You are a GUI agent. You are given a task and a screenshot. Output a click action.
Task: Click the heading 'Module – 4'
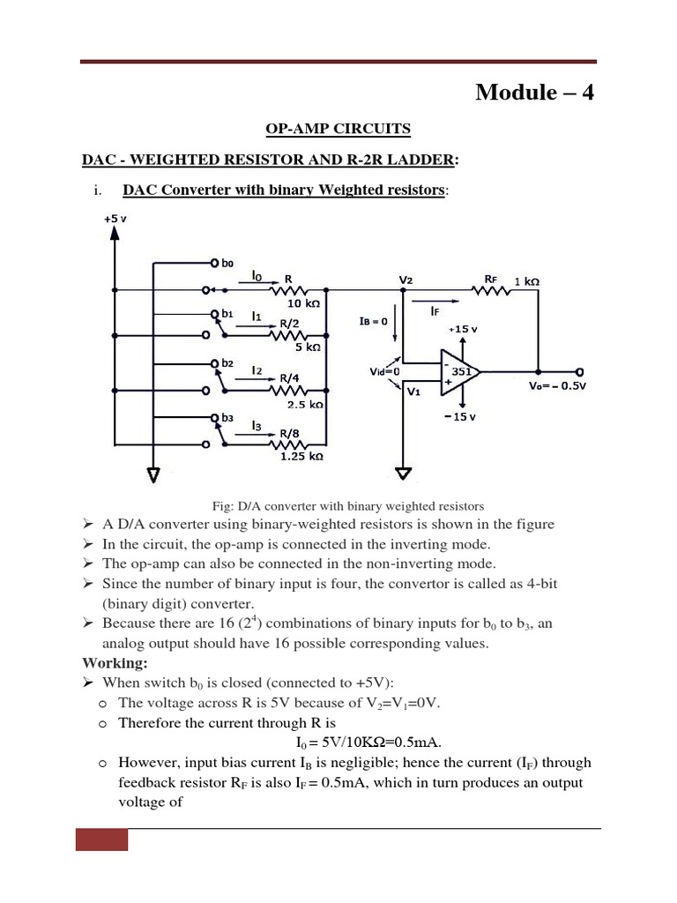pyautogui.click(x=534, y=92)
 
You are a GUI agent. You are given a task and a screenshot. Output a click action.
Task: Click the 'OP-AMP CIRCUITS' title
pyautogui.click(x=338, y=129)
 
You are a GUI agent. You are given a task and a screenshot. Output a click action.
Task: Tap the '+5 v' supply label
pyautogui.click(x=114, y=218)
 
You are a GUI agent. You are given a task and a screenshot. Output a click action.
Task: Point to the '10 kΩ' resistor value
pyautogui.click(x=301, y=302)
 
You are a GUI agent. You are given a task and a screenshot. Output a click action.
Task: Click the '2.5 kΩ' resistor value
pyautogui.click(x=305, y=405)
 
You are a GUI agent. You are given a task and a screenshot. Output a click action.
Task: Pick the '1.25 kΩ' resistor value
pyautogui.click(x=301, y=457)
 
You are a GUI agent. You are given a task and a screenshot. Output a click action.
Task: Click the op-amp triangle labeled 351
pyautogui.click(x=459, y=372)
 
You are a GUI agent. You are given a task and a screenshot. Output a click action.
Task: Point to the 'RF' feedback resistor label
pyautogui.click(x=491, y=280)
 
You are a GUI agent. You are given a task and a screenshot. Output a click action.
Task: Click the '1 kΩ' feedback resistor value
pyautogui.click(x=526, y=281)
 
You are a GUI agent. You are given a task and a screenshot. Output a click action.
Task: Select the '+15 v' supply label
pyautogui.click(x=462, y=328)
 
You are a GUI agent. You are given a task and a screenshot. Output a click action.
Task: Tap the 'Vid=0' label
pyautogui.click(x=384, y=372)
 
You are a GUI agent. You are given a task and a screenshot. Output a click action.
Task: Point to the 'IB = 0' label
pyautogui.click(x=374, y=322)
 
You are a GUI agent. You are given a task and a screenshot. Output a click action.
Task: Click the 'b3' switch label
pyautogui.click(x=227, y=417)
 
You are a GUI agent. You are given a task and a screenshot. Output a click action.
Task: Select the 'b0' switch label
pyautogui.click(x=227, y=263)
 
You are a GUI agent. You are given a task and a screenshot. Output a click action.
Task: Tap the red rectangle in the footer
pyautogui.click(x=101, y=840)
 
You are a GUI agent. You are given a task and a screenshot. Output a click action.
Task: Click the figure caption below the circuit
pyautogui.click(x=348, y=506)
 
